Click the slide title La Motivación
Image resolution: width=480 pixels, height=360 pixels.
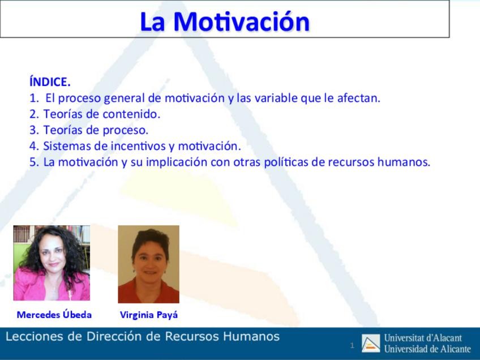pos(225,22)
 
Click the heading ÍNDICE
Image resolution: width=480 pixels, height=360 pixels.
pos(50,82)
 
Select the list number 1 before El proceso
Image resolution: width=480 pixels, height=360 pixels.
pos(35,98)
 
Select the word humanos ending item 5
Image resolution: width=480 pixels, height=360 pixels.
pos(404,162)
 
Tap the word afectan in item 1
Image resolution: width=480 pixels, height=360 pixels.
pos(358,98)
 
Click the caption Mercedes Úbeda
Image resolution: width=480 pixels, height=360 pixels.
pos(54,314)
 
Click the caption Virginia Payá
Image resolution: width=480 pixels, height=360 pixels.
pos(149,315)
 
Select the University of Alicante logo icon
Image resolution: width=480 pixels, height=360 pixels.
pos(371,344)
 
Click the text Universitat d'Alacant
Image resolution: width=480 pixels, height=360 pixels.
pos(423,338)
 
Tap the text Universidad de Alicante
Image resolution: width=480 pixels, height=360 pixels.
pos(427,349)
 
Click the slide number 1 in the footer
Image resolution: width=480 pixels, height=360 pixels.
pos(352,346)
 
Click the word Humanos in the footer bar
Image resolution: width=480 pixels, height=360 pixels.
pos(251,336)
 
